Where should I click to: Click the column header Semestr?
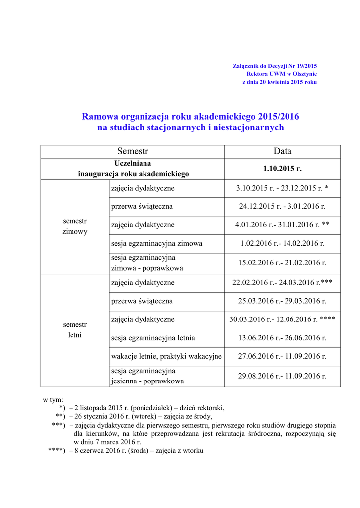click(x=133, y=151)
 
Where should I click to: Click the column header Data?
click(x=282, y=151)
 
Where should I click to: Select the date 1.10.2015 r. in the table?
click(x=282, y=169)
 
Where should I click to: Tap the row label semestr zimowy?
click(x=74, y=226)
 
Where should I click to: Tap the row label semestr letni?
click(x=74, y=329)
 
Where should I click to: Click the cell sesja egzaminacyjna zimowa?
click(x=156, y=243)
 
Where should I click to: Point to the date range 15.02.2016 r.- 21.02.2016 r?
click(x=282, y=263)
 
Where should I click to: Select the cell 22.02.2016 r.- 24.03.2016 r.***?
click(x=282, y=282)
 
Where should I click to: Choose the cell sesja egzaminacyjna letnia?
click(x=153, y=338)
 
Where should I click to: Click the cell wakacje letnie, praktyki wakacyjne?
click(x=166, y=356)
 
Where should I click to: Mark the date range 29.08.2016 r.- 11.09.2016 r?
click(x=282, y=376)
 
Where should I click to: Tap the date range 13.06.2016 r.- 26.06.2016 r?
click(x=282, y=338)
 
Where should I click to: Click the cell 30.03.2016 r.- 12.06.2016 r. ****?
click(x=282, y=319)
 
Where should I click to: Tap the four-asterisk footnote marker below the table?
click(x=56, y=450)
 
